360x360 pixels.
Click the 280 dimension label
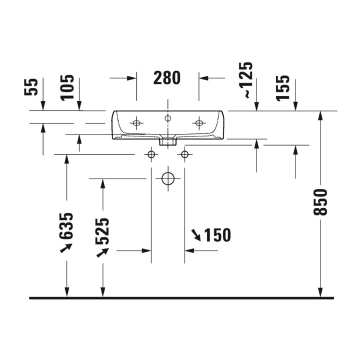pos(167,78)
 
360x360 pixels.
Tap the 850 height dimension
pos(320,202)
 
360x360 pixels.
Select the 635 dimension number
pos(66,226)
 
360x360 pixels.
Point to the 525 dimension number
pos(102,231)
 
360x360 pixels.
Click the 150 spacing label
pos(217,235)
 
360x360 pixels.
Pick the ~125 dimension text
pos(245,80)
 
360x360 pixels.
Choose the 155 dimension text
pos(283,88)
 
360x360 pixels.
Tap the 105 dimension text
pos(67,87)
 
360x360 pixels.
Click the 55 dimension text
pos(31,87)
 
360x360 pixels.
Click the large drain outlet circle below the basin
pos(168,178)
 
